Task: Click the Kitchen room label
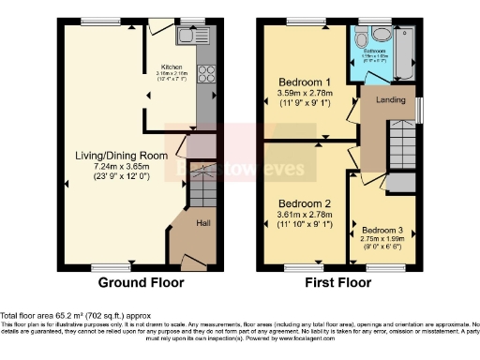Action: (x=172, y=67)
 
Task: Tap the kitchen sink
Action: (x=195, y=37)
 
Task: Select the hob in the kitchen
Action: (x=207, y=72)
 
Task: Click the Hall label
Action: (x=203, y=223)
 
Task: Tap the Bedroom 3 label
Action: (x=382, y=230)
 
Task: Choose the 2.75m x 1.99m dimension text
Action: (x=382, y=241)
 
